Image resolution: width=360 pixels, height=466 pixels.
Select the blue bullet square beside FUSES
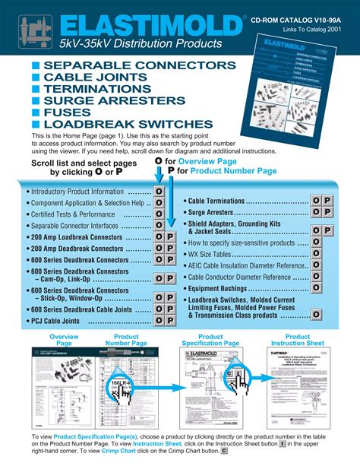pyautogui.click(x=35, y=113)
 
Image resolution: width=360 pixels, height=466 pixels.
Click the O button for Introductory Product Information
pyautogui.click(x=159, y=192)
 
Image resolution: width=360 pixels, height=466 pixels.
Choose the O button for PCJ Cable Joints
pyautogui.click(x=159, y=322)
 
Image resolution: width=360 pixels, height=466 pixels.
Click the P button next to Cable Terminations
pyautogui.click(x=327, y=200)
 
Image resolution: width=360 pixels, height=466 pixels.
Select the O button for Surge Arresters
pyautogui.click(x=314, y=214)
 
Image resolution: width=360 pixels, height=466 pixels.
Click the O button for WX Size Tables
pyautogui.click(x=314, y=254)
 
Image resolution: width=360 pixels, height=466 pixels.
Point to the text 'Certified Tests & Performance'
pyautogui.click(x=72, y=215)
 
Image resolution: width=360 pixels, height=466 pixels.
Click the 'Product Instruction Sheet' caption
pyautogui.click(x=298, y=340)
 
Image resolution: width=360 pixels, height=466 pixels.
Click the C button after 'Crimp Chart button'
pyautogui.click(x=224, y=452)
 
